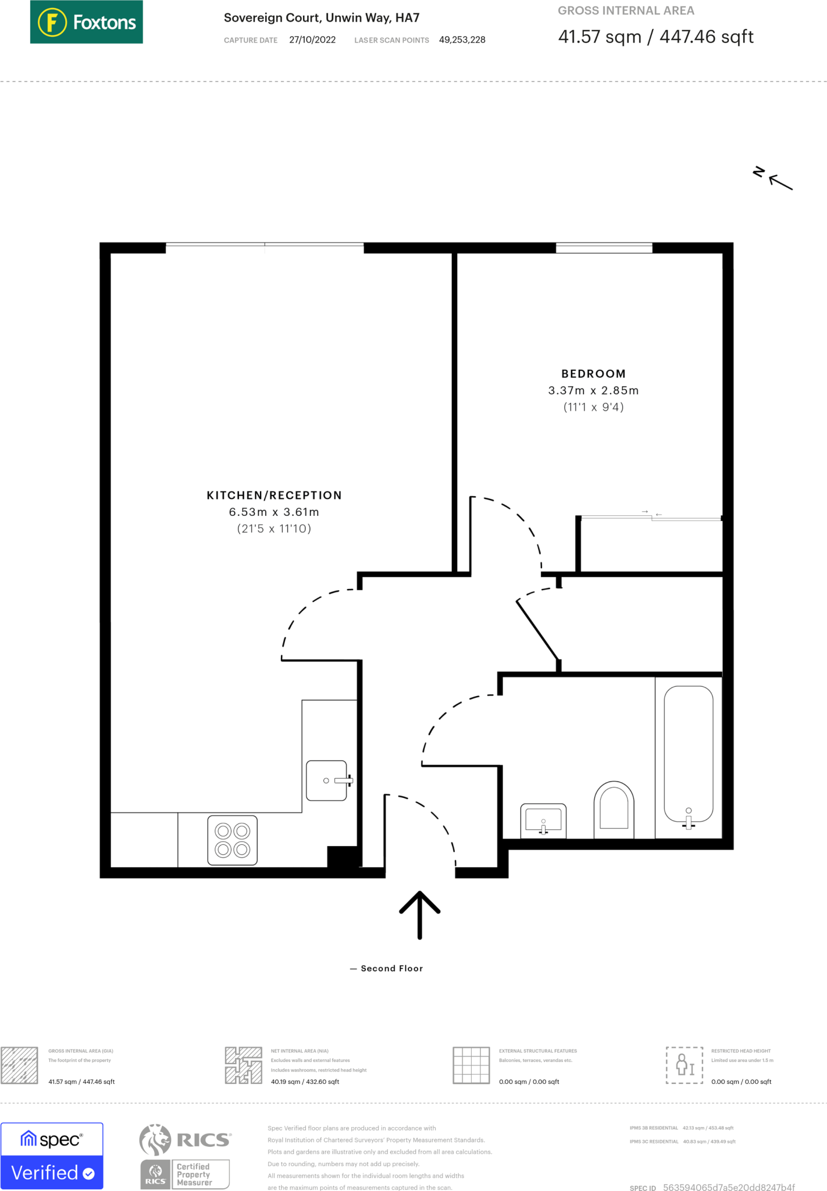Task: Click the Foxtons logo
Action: pos(86,22)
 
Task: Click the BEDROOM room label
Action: pos(593,374)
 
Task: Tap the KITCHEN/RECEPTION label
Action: pos(274,495)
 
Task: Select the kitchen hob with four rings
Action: pos(233,840)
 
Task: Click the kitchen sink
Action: pos(327,780)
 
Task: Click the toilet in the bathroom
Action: pos(614,808)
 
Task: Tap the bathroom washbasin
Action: pos(543,820)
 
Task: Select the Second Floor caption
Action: pos(391,968)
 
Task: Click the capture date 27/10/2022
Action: pos(312,40)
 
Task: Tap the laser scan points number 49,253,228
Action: pos(462,40)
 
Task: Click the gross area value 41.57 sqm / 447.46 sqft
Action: pos(655,37)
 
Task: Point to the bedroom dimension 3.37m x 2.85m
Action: pos(593,391)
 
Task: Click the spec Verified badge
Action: pos(52,1156)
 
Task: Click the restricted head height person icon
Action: pos(685,1065)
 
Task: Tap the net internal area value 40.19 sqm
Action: pos(305,1082)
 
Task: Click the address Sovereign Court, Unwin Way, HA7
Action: pos(322,18)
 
